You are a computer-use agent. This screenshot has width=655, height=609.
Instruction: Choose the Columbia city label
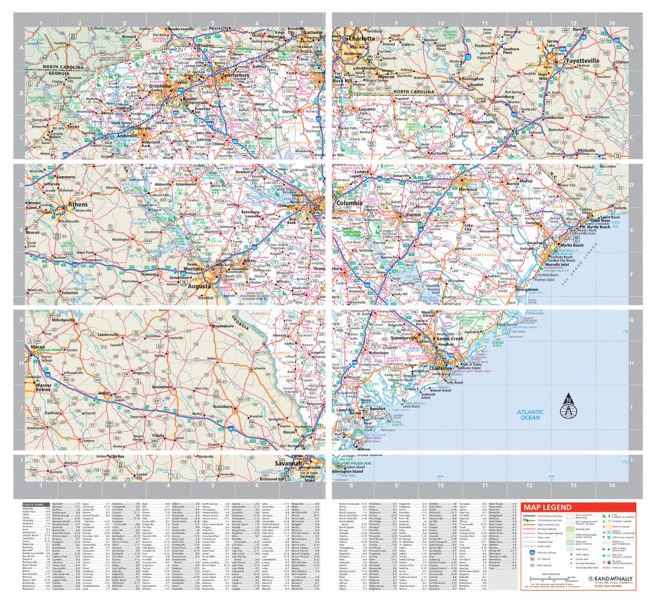point(349,204)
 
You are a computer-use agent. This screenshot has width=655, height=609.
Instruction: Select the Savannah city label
point(289,464)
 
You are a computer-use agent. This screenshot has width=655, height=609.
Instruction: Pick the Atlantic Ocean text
point(529,414)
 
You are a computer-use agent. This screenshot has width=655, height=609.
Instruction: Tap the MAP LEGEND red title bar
point(576,507)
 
